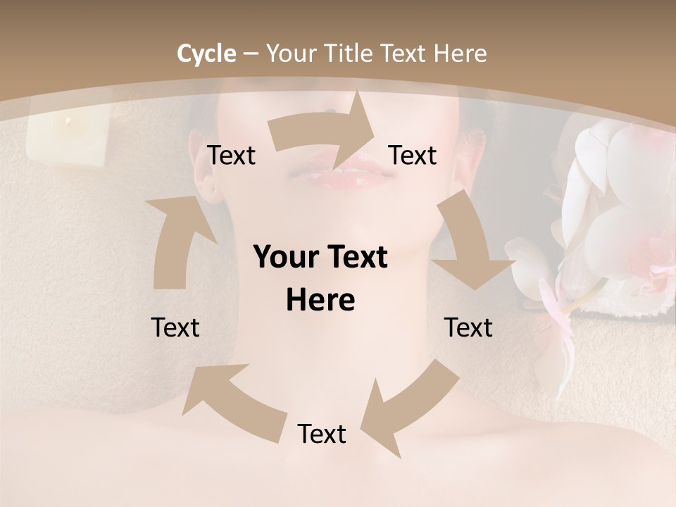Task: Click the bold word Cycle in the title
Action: point(206,54)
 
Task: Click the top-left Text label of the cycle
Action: point(231,155)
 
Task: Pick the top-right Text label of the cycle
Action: point(413,155)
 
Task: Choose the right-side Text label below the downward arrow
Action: point(468,327)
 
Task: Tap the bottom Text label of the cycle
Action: point(322,434)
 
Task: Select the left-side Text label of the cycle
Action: point(175,327)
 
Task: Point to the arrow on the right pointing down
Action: point(468,246)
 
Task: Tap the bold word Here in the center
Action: point(320,301)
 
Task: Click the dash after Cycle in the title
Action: point(251,54)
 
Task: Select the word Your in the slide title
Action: point(292,54)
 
